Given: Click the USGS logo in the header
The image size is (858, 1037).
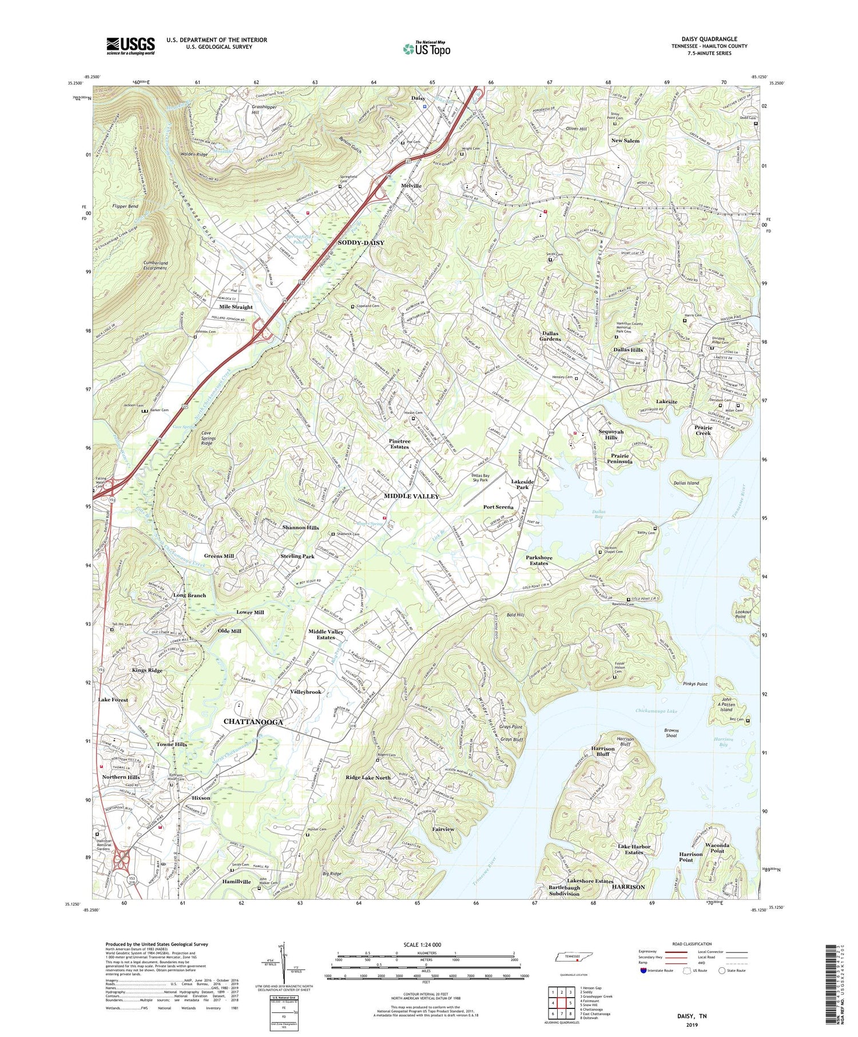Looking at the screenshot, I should (x=130, y=46).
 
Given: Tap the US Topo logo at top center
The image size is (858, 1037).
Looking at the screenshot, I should (x=427, y=49).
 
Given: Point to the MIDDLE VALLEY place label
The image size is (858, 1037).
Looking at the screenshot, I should (x=411, y=496).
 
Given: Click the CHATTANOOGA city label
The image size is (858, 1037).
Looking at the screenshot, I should (x=253, y=722).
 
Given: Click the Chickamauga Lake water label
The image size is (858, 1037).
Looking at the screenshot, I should (x=656, y=711).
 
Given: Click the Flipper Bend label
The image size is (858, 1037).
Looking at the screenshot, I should (x=125, y=206).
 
